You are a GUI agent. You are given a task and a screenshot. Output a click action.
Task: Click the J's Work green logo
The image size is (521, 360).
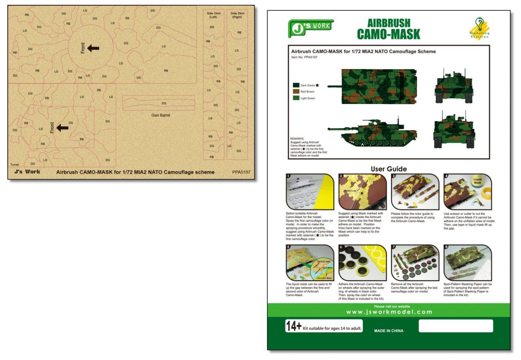click(311, 28)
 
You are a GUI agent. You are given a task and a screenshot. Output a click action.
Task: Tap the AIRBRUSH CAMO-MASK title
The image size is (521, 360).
click(388, 29)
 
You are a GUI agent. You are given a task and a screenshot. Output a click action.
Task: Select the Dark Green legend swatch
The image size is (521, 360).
click(296, 85)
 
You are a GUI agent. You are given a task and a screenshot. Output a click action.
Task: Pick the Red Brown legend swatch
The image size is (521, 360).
click(296, 92)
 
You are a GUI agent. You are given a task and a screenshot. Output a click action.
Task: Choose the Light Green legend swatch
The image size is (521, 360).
click(296, 98)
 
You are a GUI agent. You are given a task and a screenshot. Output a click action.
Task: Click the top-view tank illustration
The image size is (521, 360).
click(374, 86)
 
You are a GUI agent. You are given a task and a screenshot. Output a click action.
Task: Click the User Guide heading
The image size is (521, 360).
click(388, 169)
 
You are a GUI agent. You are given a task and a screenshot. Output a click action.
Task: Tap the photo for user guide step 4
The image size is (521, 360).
click(468, 192)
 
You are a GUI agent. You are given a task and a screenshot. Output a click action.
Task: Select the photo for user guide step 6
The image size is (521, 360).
click(362, 263)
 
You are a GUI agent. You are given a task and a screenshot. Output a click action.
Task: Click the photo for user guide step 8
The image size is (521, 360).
click(468, 263)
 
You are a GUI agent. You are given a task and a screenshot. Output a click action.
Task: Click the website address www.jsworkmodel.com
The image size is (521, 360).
click(389, 312)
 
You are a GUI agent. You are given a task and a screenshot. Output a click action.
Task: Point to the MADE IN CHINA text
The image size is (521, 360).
click(388, 331)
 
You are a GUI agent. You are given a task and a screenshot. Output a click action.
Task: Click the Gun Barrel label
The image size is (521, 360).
click(161, 115)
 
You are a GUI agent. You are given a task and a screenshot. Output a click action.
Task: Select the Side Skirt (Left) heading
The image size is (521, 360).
click(214, 15)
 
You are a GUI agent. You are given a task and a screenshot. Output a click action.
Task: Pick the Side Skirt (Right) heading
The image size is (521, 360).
click(237, 15)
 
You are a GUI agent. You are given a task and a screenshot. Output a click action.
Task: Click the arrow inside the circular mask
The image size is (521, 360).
click(93, 48)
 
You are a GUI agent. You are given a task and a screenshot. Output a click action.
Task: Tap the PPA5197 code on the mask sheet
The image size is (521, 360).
click(241, 172)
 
